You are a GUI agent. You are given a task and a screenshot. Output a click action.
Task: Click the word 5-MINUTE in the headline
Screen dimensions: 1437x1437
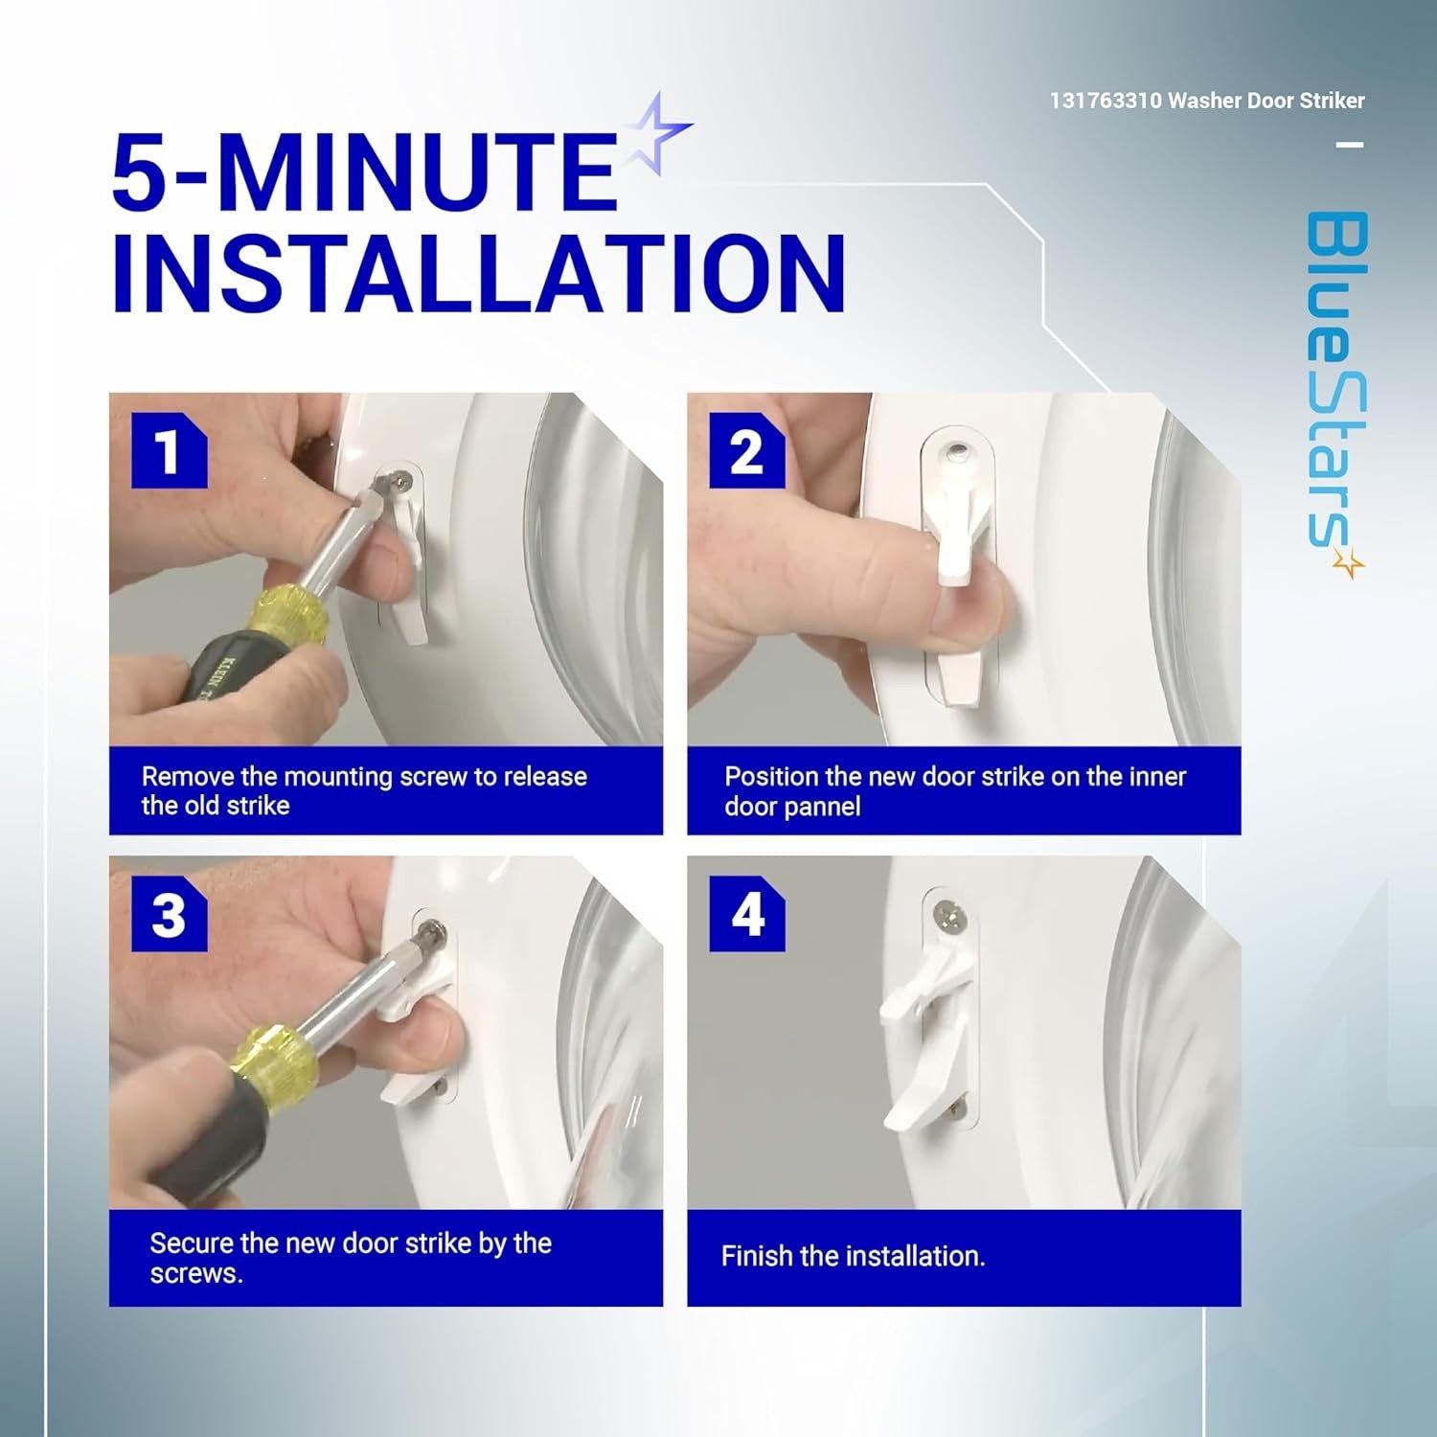tap(364, 172)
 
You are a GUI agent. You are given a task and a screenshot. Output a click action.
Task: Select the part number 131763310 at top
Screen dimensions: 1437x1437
tap(1106, 101)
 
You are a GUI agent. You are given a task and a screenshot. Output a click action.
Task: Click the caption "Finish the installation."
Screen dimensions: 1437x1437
tap(853, 1256)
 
